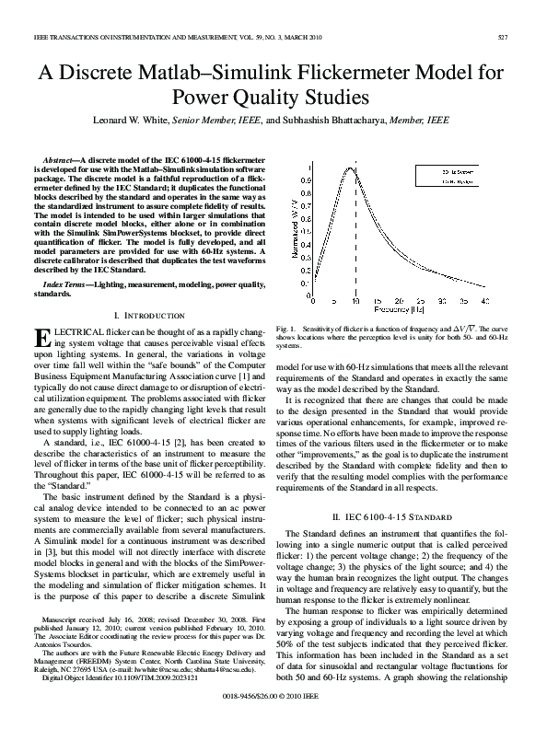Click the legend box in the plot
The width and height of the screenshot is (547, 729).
(478, 178)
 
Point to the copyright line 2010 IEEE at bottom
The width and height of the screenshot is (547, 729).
(273, 710)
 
